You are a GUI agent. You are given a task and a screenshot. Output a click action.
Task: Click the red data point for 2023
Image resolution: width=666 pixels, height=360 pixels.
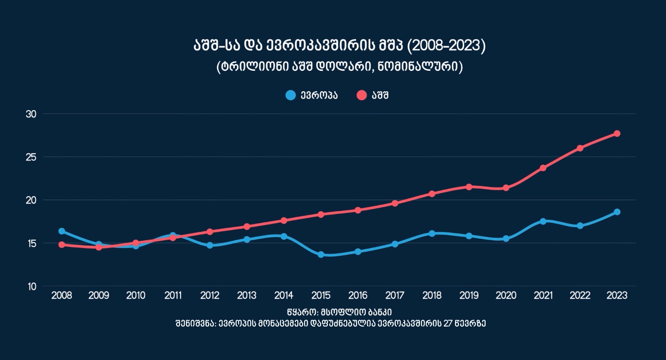617,133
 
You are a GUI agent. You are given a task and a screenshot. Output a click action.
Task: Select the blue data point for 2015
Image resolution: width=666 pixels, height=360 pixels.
321,254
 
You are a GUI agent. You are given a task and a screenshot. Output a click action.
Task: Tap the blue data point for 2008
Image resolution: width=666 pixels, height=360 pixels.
62,231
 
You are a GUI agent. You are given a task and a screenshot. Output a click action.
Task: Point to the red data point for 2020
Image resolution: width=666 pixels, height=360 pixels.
506,188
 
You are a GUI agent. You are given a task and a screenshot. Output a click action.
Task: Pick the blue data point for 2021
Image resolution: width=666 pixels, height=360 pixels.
543,221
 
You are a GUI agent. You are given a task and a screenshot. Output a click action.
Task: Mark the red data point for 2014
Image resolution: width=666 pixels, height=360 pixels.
284,220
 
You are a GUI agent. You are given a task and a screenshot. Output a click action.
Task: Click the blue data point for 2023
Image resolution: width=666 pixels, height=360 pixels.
617,212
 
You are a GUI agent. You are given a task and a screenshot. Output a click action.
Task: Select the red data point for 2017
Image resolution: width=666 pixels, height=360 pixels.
395,203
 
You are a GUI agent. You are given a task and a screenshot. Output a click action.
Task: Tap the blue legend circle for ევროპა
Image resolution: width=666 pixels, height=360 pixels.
291,95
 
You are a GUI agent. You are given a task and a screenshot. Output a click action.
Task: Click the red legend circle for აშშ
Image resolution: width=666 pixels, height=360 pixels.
361,95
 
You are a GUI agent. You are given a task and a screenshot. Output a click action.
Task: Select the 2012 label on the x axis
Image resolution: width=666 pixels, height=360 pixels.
210,295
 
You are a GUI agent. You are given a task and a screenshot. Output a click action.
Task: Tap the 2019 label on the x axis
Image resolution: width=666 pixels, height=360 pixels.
469,295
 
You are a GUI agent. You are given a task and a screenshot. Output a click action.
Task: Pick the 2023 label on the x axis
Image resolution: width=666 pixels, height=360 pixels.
617,295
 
